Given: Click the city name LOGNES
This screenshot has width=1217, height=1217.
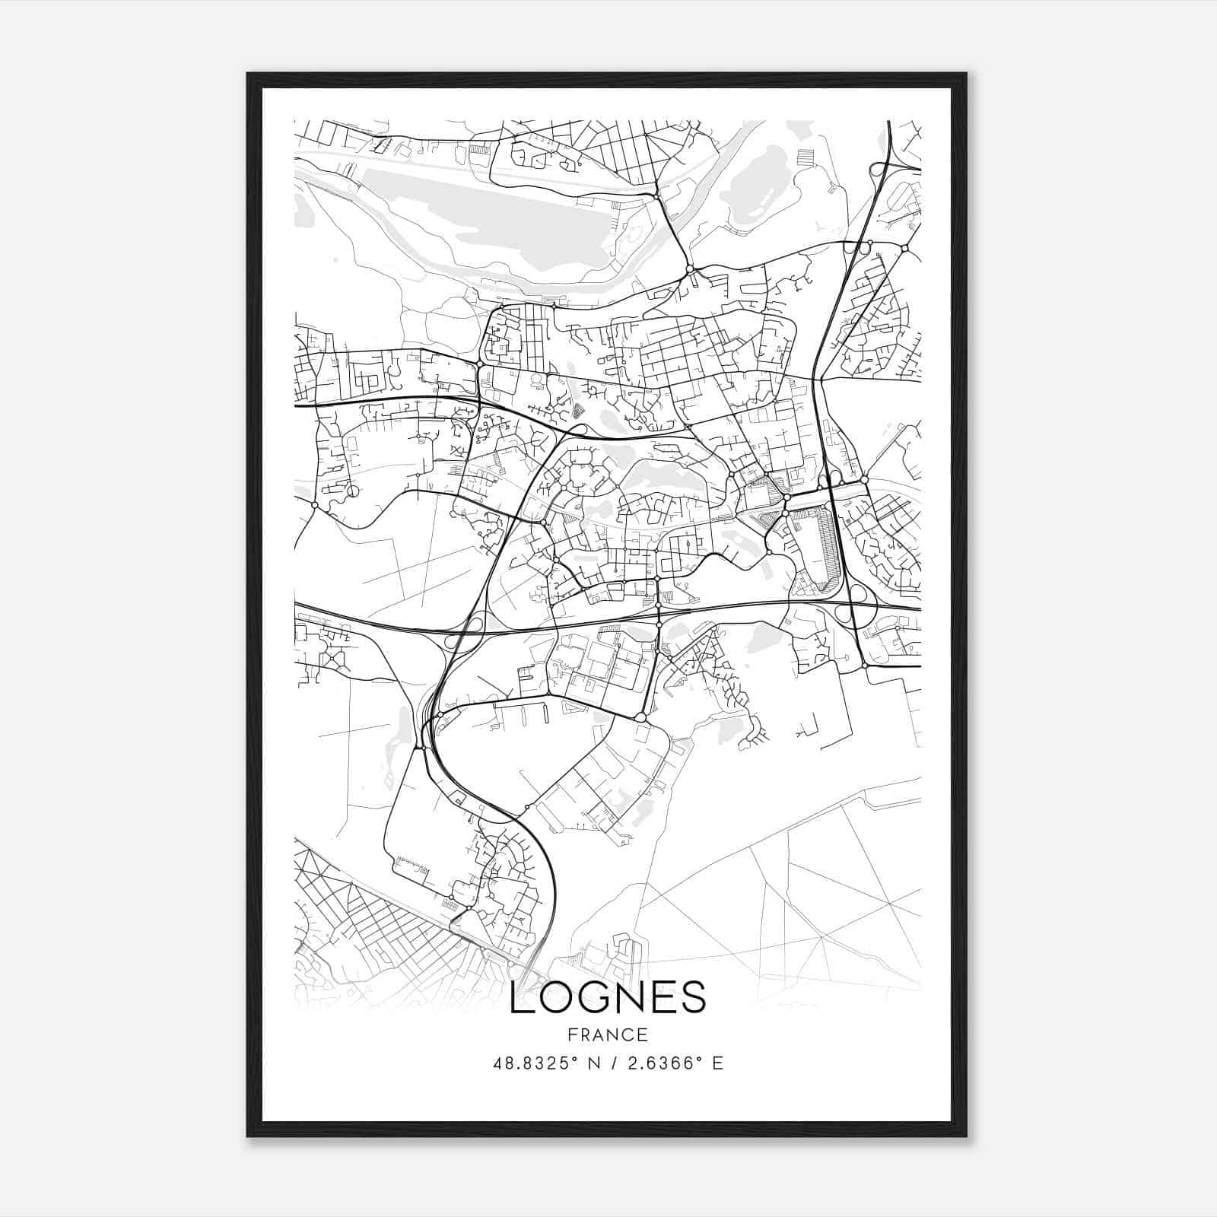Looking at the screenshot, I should point(608,997).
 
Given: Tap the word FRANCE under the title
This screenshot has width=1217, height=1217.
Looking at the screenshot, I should point(608,1034).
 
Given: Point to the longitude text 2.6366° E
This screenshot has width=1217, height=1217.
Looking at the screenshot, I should point(674,1063).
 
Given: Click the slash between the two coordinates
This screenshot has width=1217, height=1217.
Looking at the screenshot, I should point(614,1063).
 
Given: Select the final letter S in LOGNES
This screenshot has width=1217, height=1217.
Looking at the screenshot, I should point(694,997).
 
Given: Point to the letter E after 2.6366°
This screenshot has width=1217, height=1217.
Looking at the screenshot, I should point(718,1063).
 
